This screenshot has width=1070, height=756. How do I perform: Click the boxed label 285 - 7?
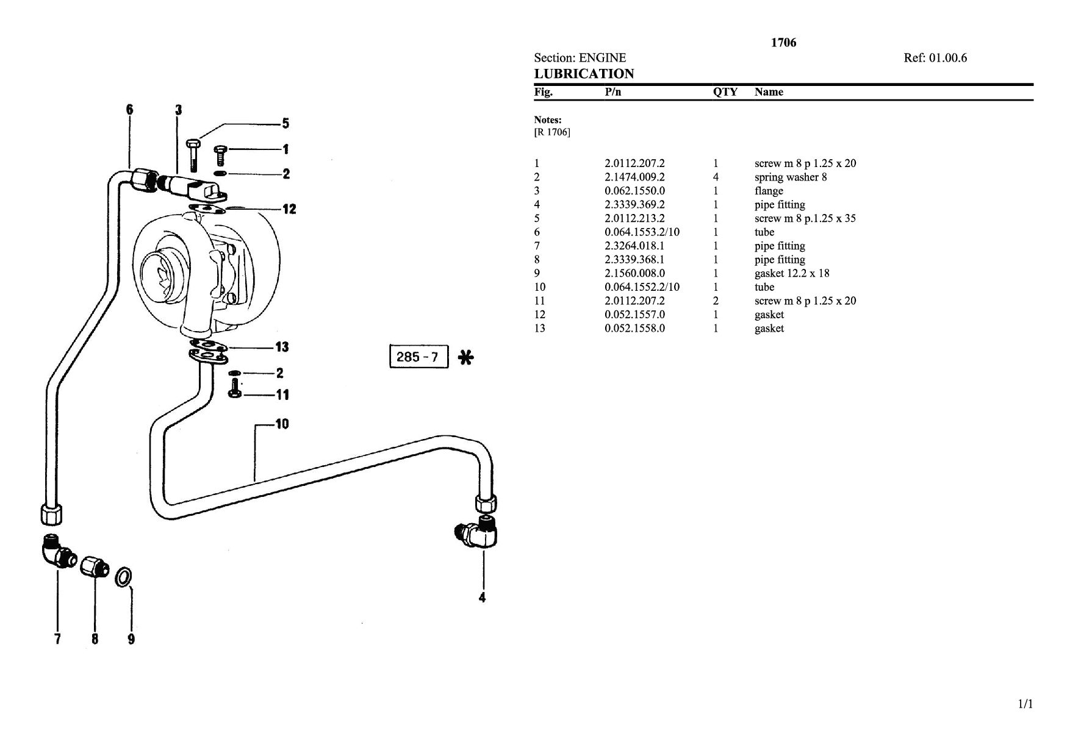pyautogui.click(x=418, y=357)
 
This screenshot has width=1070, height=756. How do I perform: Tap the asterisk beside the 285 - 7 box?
pyautogui.click(x=465, y=357)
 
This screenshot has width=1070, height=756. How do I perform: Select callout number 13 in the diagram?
pyautogui.click(x=282, y=347)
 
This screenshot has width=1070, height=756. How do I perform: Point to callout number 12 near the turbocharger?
pyautogui.click(x=289, y=209)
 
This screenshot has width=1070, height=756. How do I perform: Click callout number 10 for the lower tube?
pyautogui.click(x=282, y=424)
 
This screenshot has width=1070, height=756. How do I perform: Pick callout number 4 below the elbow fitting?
pyautogui.click(x=482, y=597)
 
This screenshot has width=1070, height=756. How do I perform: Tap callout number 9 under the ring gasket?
pyautogui.click(x=131, y=639)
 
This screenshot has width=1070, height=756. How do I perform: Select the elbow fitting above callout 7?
pyautogui.click(x=58, y=551)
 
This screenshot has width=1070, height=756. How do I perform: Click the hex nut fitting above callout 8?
pyautogui.click(x=94, y=567)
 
